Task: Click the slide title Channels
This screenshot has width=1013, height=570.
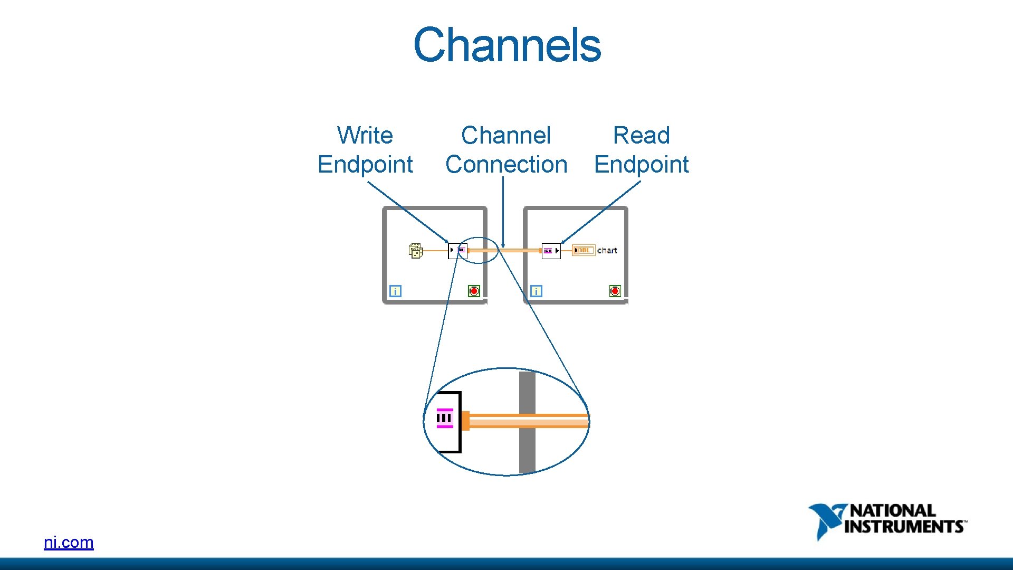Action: pyautogui.click(x=507, y=45)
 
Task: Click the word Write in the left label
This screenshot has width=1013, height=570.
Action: pyautogui.click(x=365, y=136)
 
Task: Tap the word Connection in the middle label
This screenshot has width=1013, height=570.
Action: pyautogui.click(x=506, y=165)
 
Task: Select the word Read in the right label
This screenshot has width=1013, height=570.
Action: pyautogui.click(x=641, y=136)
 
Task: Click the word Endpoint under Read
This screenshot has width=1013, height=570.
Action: pyautogui.click(x=641, y=165)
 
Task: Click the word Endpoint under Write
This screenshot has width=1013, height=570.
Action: pyautogui.click(x=365, y=165)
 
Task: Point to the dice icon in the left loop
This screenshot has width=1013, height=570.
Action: pyautogui.click(x=416, y=251)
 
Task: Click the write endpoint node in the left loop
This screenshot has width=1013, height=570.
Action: pyautogui.click(x=457, y=250)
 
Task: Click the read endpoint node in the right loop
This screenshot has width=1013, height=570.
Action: pyautogui.click(x=551, y=251)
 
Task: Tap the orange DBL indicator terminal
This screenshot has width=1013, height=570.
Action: pyautogui.click(x=584, y=250)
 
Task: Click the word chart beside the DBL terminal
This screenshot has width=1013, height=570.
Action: pyautogui.click(x=607, y=251)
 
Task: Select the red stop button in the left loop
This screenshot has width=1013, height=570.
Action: pyautogui.click(x=474, y=291)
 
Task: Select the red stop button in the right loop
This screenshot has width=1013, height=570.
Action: pyautogui.click(x=615, y=291)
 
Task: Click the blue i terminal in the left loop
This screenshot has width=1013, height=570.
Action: pyautogui.click(x=395, y=291)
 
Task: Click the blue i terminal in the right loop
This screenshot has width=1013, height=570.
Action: pyautogui.click(x=536, y=291)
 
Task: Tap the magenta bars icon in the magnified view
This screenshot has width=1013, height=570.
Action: pyautogui.click(x=444, y=418)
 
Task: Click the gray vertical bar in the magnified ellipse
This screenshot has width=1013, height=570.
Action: pyautogui.click(x=527, y=449)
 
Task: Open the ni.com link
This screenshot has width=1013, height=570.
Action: pyautogui.click(x=69, y=542)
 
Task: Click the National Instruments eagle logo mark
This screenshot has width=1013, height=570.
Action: pyautogui.click(x=826, y=520)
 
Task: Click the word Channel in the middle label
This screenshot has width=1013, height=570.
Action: pyautogui.click(x=505, y=136)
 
